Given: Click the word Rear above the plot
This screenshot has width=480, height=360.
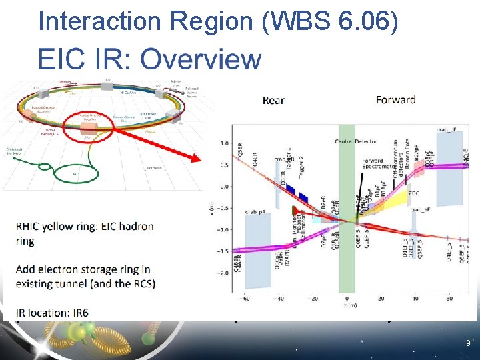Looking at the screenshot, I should (x=273, y=101).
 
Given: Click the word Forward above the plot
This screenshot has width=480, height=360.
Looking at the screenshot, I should (x=396, y=100).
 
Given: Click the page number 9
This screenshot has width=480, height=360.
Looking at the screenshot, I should (x=468, y=344).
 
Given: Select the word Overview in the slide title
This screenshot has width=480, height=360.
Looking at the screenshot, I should (x=201, y=59).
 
